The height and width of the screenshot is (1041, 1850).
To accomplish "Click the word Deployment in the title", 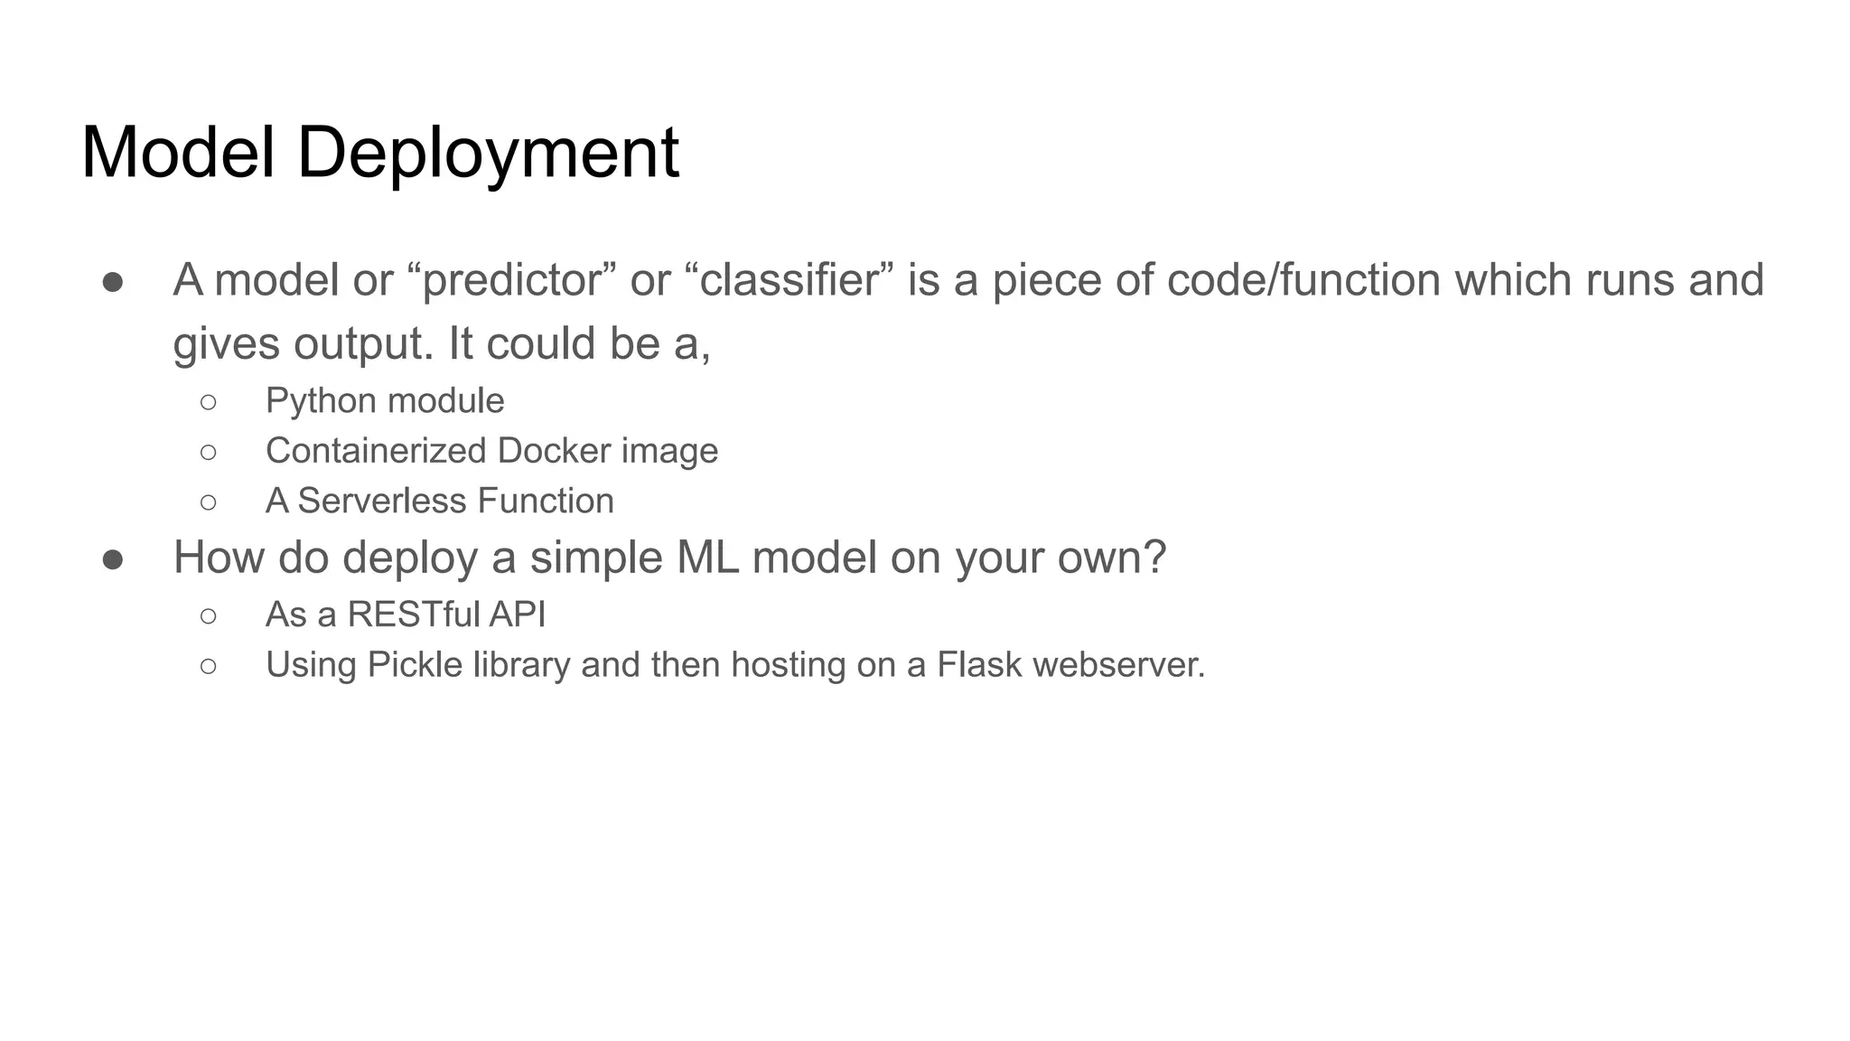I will coord(488,154).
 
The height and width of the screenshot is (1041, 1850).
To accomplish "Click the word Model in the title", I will coord(178,152).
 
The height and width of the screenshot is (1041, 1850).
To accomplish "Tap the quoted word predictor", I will coord(512,280).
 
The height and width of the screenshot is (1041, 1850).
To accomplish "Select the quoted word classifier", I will coord(789,280).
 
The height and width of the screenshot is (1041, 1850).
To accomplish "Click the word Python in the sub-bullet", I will coord(321,401).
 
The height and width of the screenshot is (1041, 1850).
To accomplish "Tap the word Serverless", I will coord(383,501).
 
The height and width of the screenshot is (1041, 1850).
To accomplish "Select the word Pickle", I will coord(415,665).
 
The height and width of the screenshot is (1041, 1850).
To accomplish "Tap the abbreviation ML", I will coord(707,558).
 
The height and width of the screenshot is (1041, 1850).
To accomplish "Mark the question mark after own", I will coord(1155,558).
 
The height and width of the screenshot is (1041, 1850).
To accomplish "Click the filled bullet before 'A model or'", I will coord(113,282).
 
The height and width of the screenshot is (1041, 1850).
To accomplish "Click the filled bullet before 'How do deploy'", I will coord(113,559).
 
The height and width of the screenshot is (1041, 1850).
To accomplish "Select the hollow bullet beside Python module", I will coord(209,402).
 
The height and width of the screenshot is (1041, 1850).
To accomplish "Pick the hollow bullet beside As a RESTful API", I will coord(209,616).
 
